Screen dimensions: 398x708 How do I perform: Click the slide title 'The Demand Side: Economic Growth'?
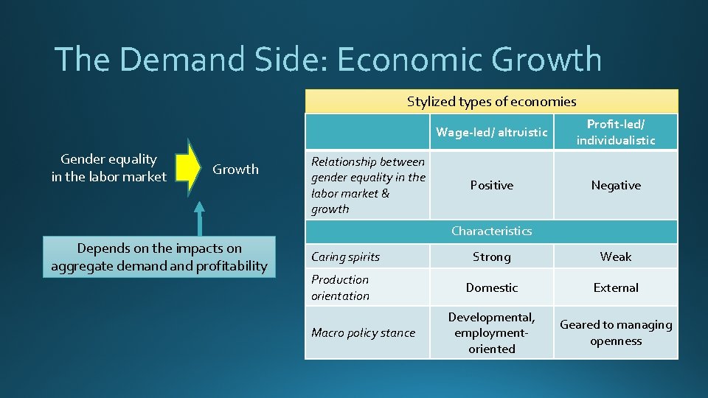coord(327,60)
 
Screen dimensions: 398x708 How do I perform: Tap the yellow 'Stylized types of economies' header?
coord(491,102)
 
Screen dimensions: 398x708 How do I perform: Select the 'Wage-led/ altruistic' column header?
coord(491,133)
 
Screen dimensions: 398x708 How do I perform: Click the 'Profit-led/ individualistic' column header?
coord(615,132)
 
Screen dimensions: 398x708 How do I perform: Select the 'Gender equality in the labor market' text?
coord(108,168)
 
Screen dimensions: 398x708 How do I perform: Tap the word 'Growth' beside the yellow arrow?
coord(235,170)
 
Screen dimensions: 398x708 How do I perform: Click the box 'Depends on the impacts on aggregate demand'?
coord(159,257)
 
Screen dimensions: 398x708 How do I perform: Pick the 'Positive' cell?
coord(491,186)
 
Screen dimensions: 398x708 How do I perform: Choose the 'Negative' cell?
coord(615,186)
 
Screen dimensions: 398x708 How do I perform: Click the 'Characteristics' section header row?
coord(491,231)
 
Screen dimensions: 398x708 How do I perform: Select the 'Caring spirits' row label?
coord(345,257)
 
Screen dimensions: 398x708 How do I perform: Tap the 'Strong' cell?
coord(491,257)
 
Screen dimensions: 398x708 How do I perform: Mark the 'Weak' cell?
coord(615,257)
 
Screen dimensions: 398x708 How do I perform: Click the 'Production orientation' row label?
coord(340,287)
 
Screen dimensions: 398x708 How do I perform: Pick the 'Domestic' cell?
coord(491,288)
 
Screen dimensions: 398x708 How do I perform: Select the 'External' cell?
coord(615,288)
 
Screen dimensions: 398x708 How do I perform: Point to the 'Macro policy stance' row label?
coord(363,333)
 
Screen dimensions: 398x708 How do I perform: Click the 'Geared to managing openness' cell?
coord(615,333)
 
